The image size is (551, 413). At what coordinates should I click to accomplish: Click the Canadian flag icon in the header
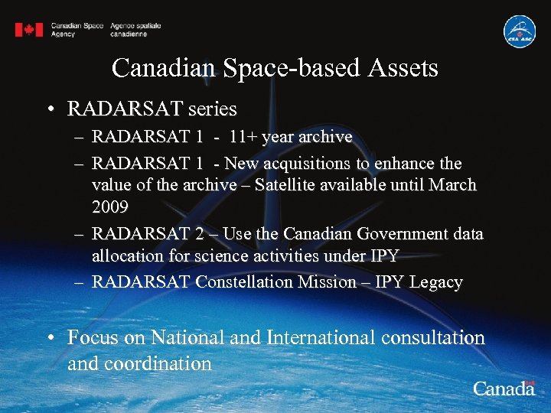pyautogui.click(x=29, y=30)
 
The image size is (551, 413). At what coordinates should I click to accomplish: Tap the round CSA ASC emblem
pyautogui.click(x=519, y=31)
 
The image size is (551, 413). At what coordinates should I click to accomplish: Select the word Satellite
pyautogui.click(x=290, y=185)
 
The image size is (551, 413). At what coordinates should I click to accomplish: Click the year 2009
pyautogui.click(x=110, y=207)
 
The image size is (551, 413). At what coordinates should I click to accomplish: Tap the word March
pyautogui.click(x=452, y=185)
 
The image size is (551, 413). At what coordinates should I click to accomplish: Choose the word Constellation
pyautogui.click(x=244, y=282)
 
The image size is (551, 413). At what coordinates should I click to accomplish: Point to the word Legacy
pyautogui.click(x=435, y=282)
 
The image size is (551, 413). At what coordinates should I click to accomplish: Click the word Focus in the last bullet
pyautogui.click(x=90, y=337)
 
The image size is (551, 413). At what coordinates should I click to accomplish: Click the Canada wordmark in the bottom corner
pyautogui.click(x=503, y=389)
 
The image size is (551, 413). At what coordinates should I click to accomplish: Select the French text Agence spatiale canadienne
pyautogui.click(x=135, y=30)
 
